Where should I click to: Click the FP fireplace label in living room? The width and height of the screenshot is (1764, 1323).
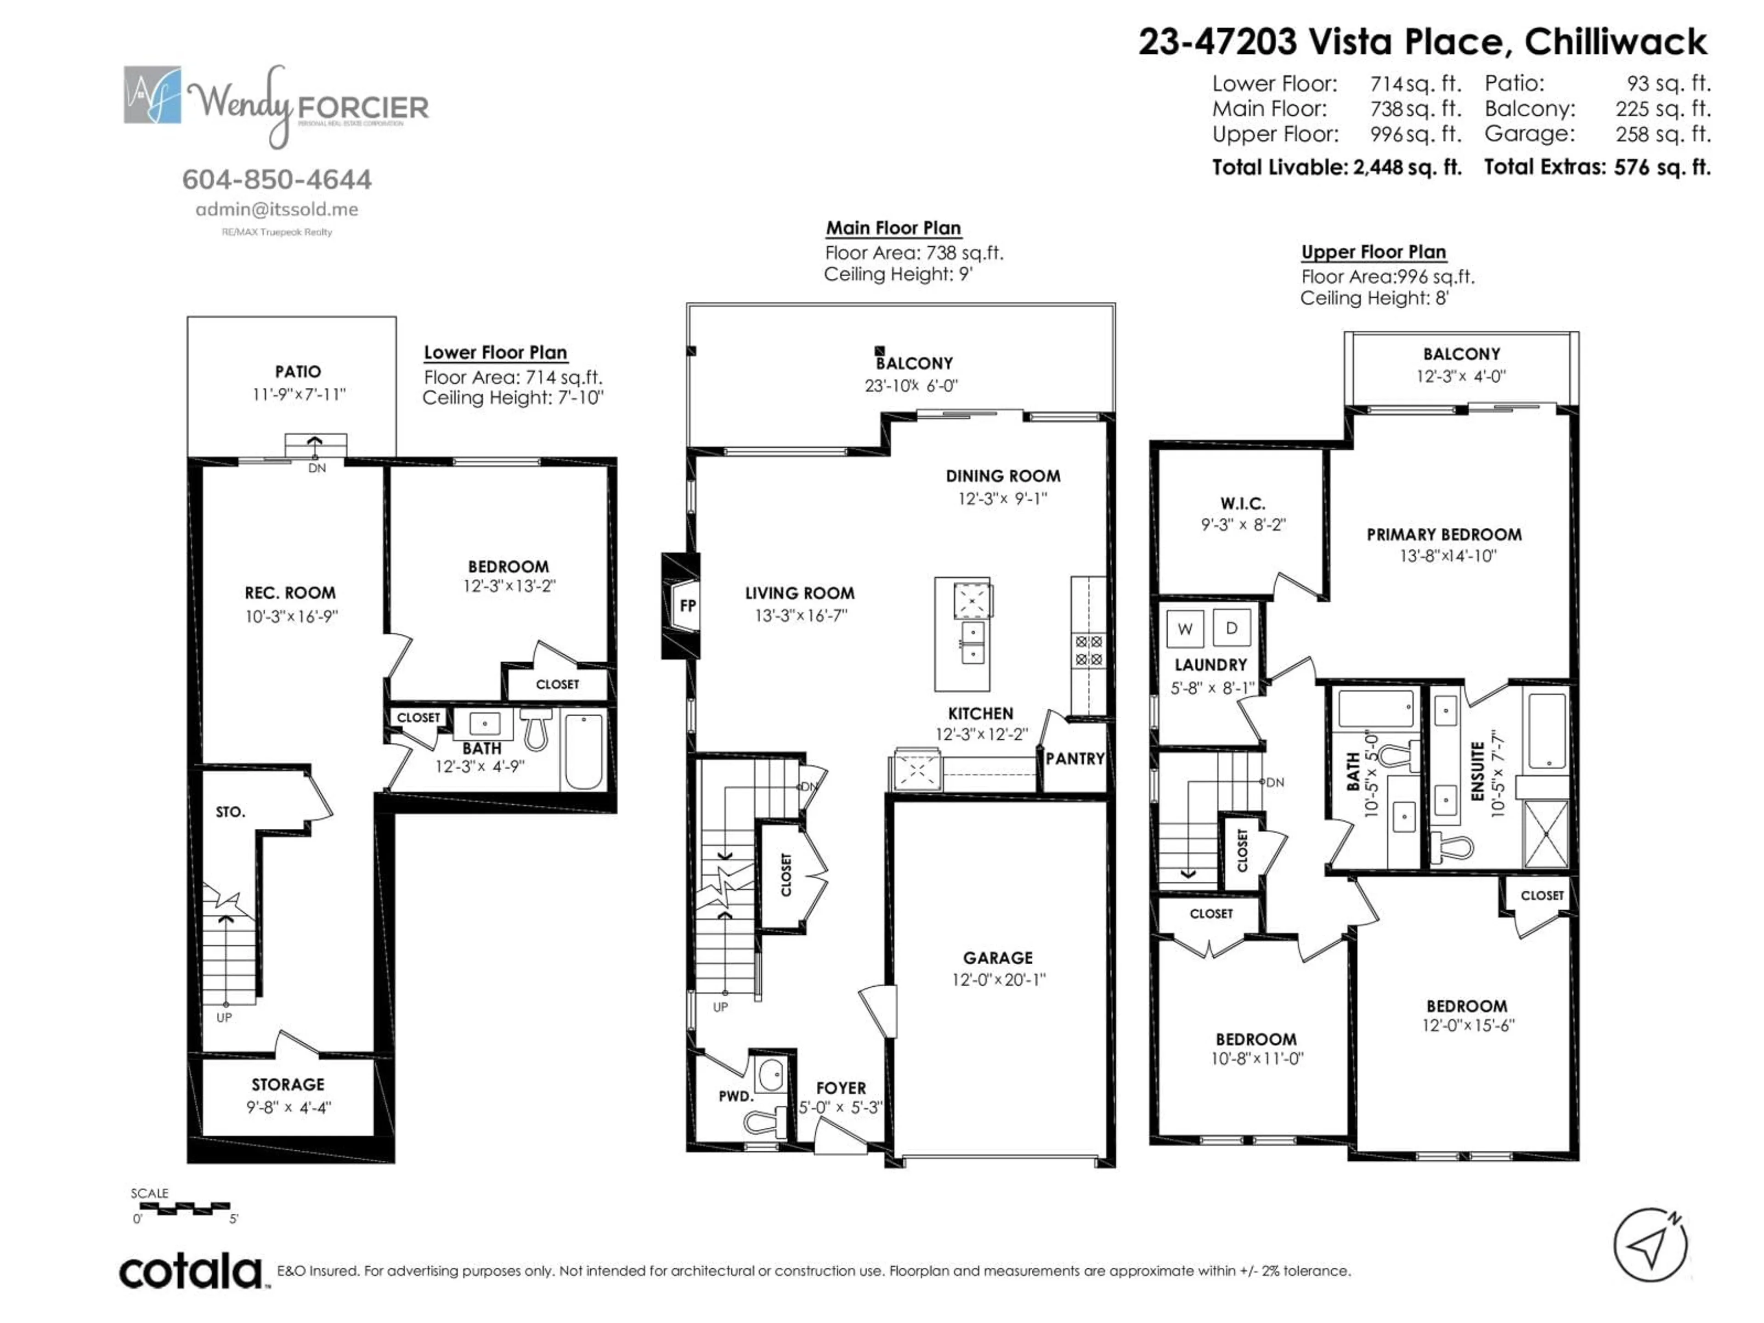click(687, 605)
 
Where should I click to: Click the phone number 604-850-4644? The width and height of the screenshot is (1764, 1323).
click(277, 180)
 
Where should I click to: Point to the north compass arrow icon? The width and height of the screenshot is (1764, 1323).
click(1650, 1245)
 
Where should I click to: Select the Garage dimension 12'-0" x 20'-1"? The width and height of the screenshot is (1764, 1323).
click(998, 979)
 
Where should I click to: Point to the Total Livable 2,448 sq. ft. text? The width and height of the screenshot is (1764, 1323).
click(1337, 168)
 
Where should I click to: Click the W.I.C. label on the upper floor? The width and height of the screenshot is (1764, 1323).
click(1243, 503)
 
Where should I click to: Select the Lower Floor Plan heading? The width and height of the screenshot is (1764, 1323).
click(495, 352)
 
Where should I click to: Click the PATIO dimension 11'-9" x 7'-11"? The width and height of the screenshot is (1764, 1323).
click(298, 394)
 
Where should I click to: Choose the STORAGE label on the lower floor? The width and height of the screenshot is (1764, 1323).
click(288, 1085)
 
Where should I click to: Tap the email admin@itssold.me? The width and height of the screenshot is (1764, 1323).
click(277, 210)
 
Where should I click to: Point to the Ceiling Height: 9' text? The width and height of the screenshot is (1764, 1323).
click(898, 274)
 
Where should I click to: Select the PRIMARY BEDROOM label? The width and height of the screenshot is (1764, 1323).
click(1443, 534)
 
